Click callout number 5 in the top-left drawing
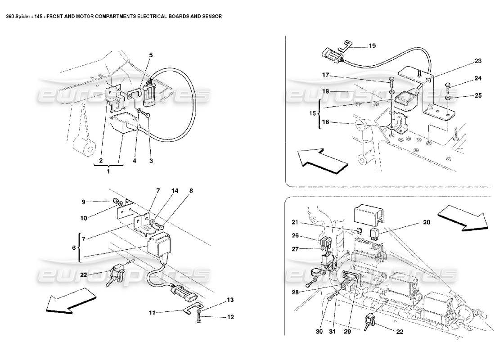(x=151, y=55)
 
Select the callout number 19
(x=372, y=46)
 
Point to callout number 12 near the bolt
(x=230, y=317)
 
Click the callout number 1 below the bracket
(x=108, y=171)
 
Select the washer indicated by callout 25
(x=448, y=97)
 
